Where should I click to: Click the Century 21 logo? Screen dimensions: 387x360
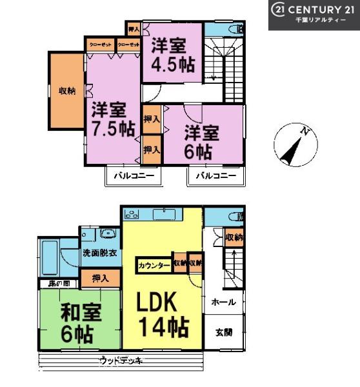[313, 13]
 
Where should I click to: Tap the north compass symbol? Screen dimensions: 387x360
[294, 143]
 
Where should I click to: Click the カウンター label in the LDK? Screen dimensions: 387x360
[154, 264]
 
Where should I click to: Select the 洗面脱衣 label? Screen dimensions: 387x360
[99, 253]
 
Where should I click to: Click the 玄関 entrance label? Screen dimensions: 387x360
[224, 332]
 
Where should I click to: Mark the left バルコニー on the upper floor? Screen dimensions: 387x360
[134, 175]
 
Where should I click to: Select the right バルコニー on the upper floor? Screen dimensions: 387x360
[216, 175]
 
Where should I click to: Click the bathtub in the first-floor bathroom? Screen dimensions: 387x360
[50, 255]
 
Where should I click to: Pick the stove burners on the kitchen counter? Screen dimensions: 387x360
[132, 214]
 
